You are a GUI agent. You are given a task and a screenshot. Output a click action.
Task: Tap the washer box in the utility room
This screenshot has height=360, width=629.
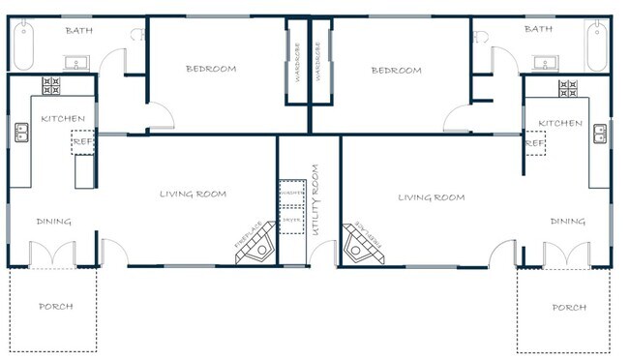pos(292,194)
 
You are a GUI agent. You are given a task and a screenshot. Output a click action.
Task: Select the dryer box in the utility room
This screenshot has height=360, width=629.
pos(292,220)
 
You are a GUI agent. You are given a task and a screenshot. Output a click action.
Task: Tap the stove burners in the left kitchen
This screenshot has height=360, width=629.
pos(51,86)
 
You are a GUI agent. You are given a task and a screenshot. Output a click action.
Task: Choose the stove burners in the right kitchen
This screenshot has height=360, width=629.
pos(568,87)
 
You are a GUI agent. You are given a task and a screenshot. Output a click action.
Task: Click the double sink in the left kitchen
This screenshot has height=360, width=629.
pos(19,133)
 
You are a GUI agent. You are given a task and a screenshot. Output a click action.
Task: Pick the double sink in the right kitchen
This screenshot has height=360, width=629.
pos(601,133)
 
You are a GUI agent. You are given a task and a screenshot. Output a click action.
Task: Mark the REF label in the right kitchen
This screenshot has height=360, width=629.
pos(534,143)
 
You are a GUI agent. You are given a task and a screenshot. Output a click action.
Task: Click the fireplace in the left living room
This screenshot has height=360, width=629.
pos(254,250)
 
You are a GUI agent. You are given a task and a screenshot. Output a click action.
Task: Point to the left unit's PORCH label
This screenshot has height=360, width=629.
pos(55,307)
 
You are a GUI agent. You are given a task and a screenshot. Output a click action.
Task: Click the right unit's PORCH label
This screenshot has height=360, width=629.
pos(568,308)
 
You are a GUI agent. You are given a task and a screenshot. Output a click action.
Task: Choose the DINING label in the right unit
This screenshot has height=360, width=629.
pos(568,222)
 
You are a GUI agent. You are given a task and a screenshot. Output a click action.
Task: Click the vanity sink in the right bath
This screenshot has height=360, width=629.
pos(544,64)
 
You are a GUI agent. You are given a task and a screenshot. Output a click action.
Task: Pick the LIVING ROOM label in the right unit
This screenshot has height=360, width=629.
pos(432,197)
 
